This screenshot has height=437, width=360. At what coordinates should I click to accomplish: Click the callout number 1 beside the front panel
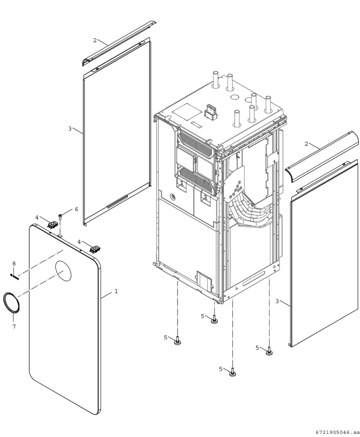[116, 291]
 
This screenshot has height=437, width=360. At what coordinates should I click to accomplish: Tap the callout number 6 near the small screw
[77, 209]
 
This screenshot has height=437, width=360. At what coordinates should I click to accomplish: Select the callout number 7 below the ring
[14, 326]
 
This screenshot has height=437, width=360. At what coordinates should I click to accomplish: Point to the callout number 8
[14, 264]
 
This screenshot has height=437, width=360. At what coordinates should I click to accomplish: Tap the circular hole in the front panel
[63, 271]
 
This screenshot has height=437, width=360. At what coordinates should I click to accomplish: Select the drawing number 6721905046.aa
[337, 432]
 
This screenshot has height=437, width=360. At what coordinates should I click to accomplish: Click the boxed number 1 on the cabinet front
[182, 183]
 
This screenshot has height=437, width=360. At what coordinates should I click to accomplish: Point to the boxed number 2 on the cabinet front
[206, 197]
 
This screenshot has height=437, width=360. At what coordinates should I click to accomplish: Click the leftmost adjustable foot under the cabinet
[177, 341]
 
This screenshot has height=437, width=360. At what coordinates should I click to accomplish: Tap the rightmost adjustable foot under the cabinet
[269, 351]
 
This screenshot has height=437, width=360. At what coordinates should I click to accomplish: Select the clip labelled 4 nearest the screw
[53, 225]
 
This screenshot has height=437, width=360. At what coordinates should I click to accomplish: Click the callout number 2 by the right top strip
[306, 144]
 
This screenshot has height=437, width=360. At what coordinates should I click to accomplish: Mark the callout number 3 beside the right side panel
[277, 301]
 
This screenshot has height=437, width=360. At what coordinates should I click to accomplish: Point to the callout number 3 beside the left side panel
[70, 129]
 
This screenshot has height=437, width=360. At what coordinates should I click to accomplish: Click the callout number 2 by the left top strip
[95, 40]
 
